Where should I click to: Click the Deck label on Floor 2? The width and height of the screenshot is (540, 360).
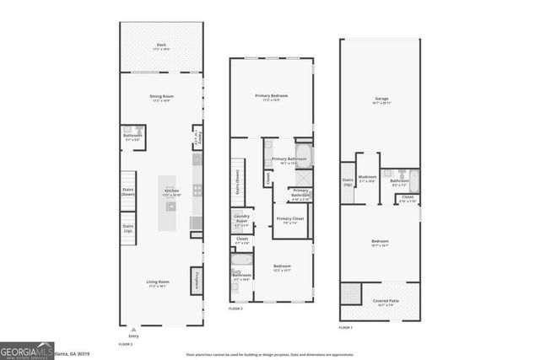[x=160, y=47]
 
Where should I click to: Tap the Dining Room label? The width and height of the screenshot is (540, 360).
[x=160, y=98]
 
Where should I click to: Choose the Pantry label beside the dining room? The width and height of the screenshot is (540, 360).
[x=197, y=137]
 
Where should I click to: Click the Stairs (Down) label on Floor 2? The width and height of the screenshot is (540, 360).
[x=128, y=185]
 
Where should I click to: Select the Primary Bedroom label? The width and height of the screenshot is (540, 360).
[x=272, y=98]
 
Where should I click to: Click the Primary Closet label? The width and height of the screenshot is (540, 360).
[x=289, y=222]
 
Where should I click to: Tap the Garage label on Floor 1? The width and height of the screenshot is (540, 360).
[x=381, y=99]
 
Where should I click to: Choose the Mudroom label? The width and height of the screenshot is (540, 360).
[x=367, y=179]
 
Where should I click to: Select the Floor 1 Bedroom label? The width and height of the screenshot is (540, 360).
[x=381, y=244]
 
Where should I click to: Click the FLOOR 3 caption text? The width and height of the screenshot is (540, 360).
[x=235, y=309]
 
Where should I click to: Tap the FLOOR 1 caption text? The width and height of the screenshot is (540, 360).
[x=346, y=327]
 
